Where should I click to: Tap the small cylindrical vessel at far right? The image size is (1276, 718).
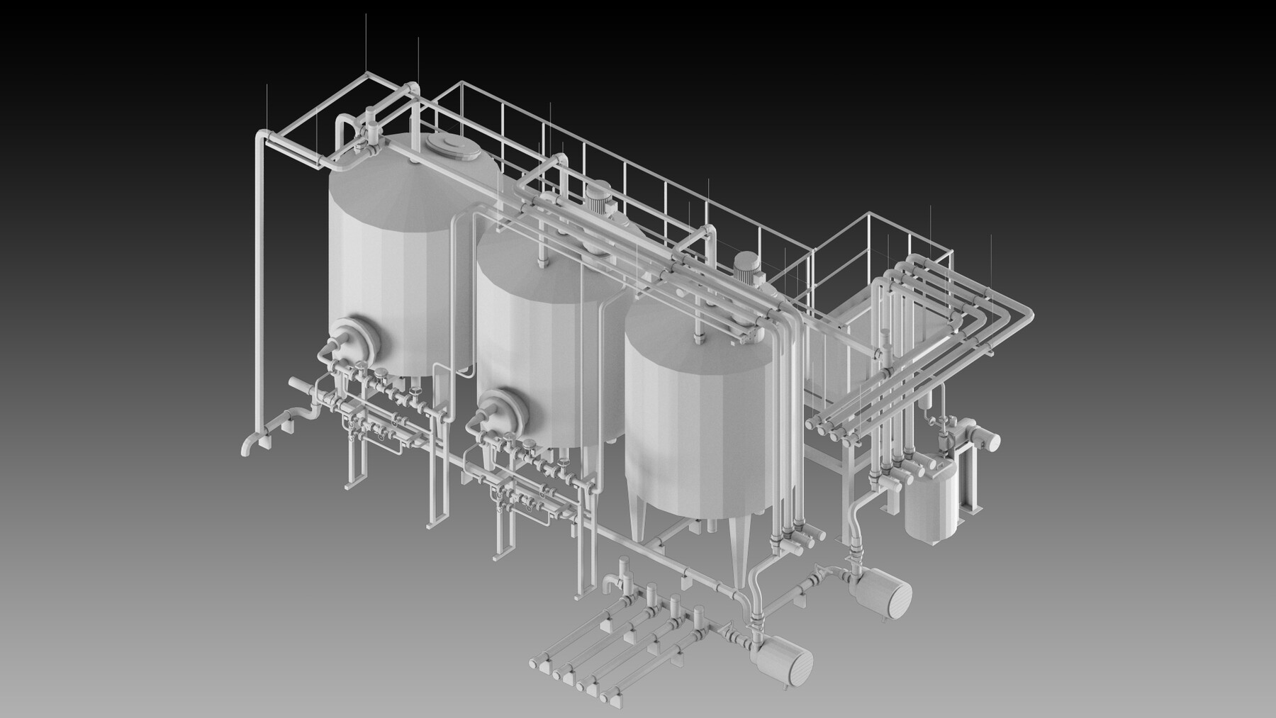coord(932,500)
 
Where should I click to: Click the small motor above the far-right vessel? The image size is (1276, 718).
coord(982,439)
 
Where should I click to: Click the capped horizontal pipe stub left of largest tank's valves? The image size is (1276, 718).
coord(297,386)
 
